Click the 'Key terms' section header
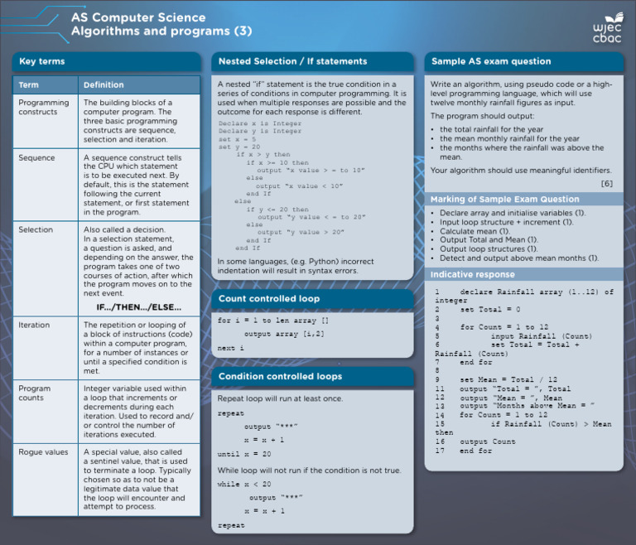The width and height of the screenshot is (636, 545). point(42,61)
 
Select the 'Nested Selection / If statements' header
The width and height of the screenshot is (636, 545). point(292,61)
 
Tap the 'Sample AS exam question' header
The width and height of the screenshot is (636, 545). point(491,61)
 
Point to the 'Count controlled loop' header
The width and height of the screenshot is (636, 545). point(269,298)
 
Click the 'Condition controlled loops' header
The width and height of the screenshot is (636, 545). point(280,376)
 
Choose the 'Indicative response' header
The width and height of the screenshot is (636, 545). point(473,274)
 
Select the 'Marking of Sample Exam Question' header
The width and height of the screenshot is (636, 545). point(505,200)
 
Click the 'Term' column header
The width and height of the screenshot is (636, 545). point(28,84)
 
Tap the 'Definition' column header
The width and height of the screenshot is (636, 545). point(104,84)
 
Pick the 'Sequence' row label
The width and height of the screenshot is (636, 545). point(36,157)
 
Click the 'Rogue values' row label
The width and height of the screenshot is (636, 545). point(43,452)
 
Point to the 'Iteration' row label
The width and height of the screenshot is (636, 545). point(34,326)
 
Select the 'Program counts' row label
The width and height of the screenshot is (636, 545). point(35,393)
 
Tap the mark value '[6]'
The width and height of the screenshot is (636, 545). point(607,183)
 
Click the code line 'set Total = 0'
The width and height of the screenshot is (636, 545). point(490,309)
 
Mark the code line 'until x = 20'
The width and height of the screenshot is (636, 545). point(243,454)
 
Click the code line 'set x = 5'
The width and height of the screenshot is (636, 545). point(235,139)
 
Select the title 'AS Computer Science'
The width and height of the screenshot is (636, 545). point(138,17)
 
